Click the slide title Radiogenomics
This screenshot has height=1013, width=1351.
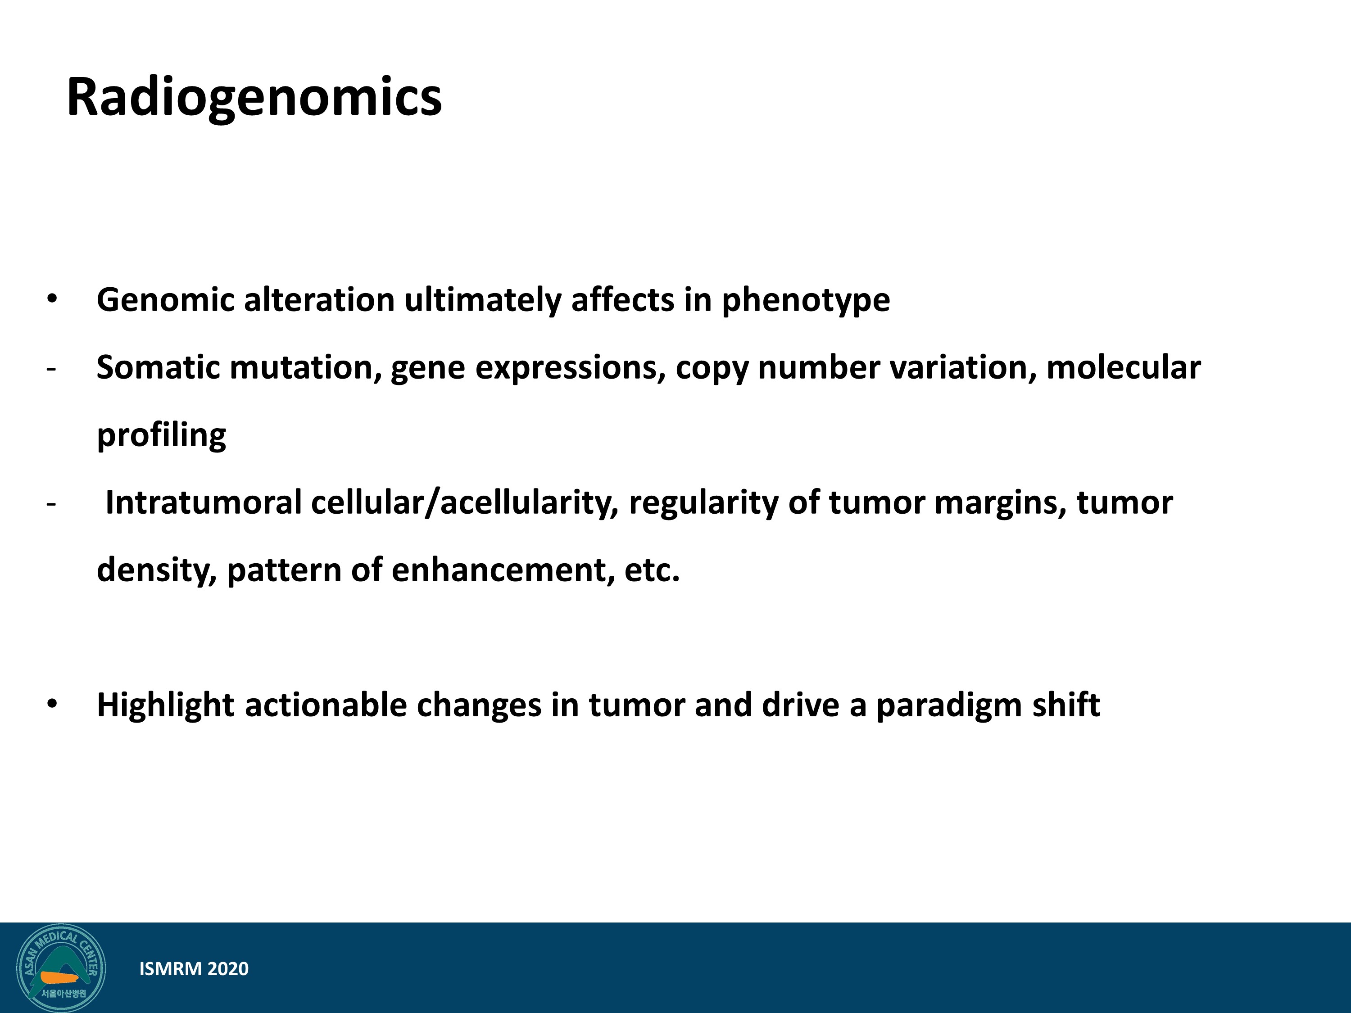point(254,98)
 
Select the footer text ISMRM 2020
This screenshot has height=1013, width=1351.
point(194,969)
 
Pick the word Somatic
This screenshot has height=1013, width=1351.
point(159,367)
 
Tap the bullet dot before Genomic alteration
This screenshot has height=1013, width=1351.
point(52,299)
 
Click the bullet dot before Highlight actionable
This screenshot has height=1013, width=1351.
point(52,704)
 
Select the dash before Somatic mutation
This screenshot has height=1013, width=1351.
point(51,370)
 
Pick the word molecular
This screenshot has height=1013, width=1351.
point(1123,367)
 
